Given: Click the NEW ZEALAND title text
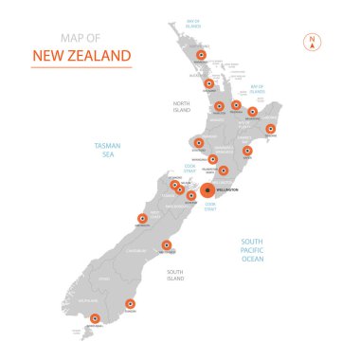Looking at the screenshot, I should point(81,56).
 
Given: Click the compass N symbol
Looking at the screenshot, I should point(310,41).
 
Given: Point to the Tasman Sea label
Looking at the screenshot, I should point(107,149).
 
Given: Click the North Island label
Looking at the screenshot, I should point(182,106).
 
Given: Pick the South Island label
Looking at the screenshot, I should point(175,276).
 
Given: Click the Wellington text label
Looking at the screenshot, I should point(226,191).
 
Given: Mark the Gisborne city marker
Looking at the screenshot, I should point(271,129).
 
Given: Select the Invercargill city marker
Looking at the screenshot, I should point(94,318).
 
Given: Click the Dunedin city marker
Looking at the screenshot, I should point(130,304).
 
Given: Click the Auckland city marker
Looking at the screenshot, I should point(208,83).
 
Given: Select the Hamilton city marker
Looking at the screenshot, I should point(219,106).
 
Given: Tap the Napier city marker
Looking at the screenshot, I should point(247,151).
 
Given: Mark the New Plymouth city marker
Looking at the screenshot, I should point(199,141).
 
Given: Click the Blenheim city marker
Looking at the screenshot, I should point(190,195).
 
